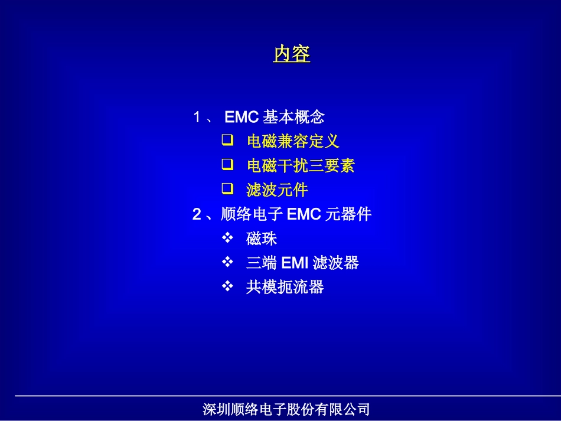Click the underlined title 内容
[x=292, y=54]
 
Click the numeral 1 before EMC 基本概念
[x=197, y=117]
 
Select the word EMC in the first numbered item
[x=242, y=117]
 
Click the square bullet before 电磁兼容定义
[x=227, y=141]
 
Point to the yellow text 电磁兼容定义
[x=293, y=142]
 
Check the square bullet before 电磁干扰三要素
[x=227, y=164]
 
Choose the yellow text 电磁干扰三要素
[x=301, y=166]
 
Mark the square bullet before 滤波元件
[x=227, y=188]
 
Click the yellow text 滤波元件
[x=277, y=190]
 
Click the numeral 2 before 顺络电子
[x=197, y=214]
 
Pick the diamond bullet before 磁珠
[x=228, y=237]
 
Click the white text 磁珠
[x=262, y=239]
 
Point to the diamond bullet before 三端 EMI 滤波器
[x=228, y=262]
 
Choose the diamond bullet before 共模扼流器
[x=228, y=286]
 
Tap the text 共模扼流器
[x=285, y=288]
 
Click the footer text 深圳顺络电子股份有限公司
[x=286, y=409]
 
